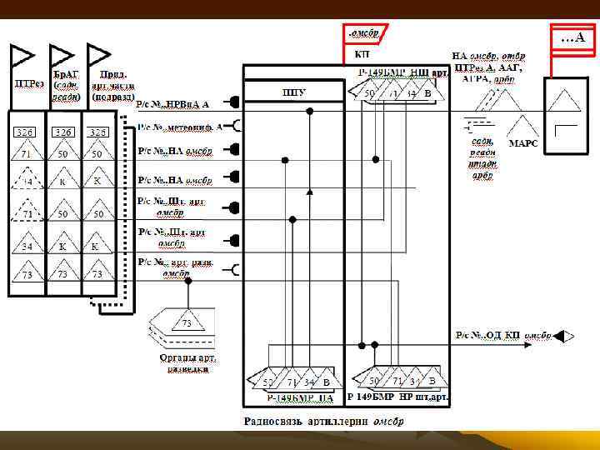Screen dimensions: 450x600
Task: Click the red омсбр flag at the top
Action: (363, 33)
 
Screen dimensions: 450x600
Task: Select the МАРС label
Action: (523, 143)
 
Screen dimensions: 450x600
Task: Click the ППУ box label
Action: (293, 92)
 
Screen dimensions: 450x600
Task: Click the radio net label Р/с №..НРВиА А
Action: (174, 104)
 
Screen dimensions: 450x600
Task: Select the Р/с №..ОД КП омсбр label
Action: (504, 335)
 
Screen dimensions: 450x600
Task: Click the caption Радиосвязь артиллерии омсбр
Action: (323, 421)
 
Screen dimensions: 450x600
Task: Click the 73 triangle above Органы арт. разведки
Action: (187, 322)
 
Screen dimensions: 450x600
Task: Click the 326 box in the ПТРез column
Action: (27, 132)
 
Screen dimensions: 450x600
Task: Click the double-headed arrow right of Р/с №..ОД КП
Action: (564, 336)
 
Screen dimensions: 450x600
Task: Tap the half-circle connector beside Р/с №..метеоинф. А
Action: (237, 127)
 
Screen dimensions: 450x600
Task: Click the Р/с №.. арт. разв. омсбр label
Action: (176, 267)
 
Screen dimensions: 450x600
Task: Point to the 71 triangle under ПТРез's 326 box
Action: (27, 155)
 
